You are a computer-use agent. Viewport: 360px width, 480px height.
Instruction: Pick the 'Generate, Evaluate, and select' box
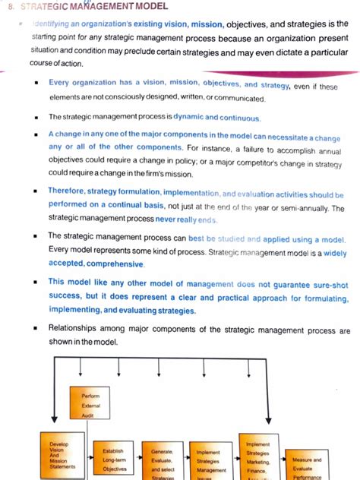(162, 461)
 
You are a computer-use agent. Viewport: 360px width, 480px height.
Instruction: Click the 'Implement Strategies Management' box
(210, 461)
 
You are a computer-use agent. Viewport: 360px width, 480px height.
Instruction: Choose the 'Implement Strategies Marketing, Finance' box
(259, 456)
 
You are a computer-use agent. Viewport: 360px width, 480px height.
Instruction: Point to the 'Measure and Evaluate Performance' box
(307, 465)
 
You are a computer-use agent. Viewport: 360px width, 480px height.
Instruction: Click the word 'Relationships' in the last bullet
(76, 330)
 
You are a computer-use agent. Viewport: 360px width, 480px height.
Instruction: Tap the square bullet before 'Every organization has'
(36, 84)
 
